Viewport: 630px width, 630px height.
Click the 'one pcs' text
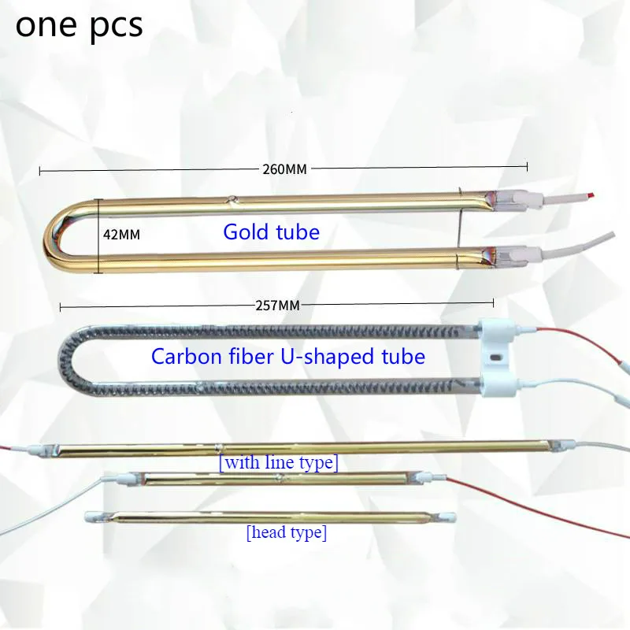tap(80, 25)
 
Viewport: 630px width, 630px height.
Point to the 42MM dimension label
tap(121, 234)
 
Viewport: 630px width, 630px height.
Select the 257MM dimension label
tap(277, 305)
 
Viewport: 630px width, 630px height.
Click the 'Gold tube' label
tap(271, 232)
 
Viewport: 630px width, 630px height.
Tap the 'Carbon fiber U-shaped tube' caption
tap(287, 357)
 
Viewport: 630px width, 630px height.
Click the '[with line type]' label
tap(279, 462)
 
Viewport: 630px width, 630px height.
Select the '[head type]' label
tap(286, 532)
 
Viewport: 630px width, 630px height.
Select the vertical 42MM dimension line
tap(98, 234)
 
